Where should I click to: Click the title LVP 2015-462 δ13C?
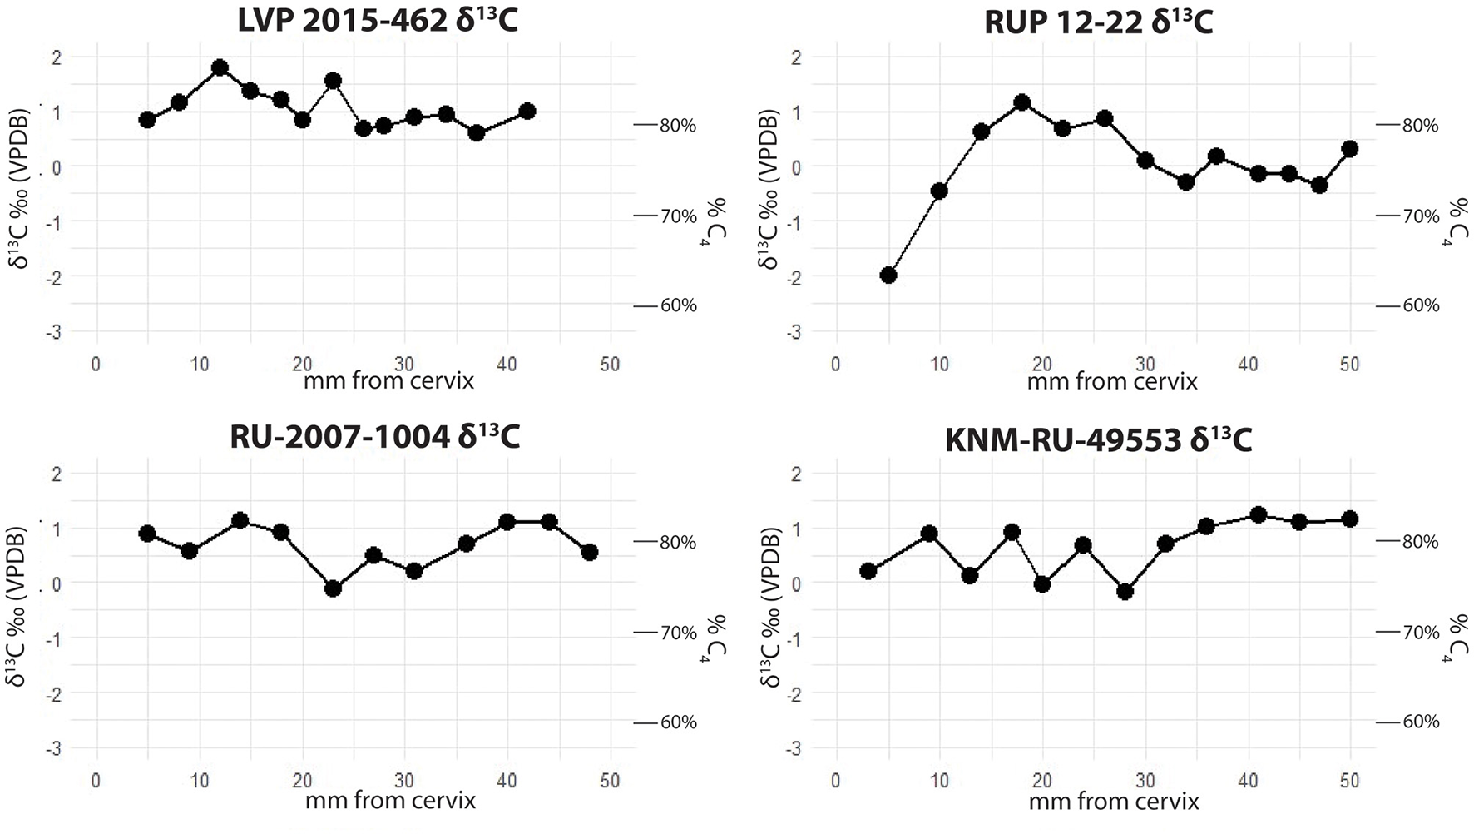[377, 20]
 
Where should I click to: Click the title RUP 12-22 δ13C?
[1098, 22]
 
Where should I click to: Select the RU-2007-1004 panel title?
[374, 436]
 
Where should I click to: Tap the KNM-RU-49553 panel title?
[1098, 439]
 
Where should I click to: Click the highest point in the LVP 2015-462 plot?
[220, 68]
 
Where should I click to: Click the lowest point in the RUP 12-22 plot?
[888, 275]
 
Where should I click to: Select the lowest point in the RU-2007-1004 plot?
[334, 588]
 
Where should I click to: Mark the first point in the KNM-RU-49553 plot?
[868, 571]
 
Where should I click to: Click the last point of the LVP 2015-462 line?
[527, 111]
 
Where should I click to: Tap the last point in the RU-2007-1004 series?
[589, 552]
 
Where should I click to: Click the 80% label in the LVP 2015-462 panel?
[678, 126]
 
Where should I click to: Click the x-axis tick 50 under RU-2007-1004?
[611, 781]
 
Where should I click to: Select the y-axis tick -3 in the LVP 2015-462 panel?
[55, 332]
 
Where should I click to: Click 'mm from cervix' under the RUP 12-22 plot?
[1112, 382]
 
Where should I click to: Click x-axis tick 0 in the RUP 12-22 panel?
[836, 365]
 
